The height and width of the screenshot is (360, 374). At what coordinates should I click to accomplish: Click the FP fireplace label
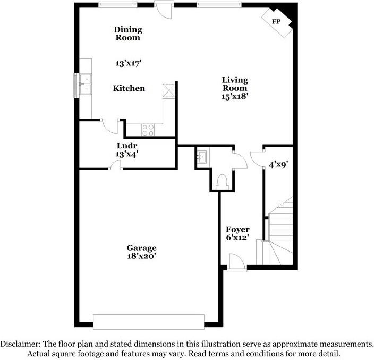pos(276,21)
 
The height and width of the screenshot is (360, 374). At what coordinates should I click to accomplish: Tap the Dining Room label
pos(128,34)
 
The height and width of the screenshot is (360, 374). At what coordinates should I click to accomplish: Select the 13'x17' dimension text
pos(129,63)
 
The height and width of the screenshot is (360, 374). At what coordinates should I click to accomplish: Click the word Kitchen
pos(129,88)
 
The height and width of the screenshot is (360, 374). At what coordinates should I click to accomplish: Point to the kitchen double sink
pos(86,84)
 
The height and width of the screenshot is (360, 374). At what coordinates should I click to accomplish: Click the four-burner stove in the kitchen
pos(148,130)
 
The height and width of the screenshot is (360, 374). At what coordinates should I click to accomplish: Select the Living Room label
pos(235,84)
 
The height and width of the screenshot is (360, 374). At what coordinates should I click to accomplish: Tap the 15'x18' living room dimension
pos(235,96)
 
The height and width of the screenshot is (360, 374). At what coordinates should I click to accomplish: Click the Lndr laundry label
pos(127,146)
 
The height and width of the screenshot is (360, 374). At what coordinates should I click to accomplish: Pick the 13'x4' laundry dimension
pos(127,154)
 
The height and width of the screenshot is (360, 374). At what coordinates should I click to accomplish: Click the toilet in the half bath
pos(222,182)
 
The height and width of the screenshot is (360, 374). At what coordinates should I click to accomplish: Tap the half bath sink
pos(202,157)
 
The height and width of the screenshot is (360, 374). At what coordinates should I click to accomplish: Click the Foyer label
pos(237,229)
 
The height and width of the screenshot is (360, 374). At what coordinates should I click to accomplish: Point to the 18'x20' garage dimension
pos(141,256)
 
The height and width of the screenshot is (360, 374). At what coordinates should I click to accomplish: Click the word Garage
pos(141,248)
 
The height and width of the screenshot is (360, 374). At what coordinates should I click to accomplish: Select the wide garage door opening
pos(149,322)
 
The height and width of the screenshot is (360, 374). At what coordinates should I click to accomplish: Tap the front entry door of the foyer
pos(236,263)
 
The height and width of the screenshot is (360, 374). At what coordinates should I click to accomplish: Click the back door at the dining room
pos(164,10)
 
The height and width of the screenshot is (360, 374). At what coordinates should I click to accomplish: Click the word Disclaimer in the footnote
pos(20,344)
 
